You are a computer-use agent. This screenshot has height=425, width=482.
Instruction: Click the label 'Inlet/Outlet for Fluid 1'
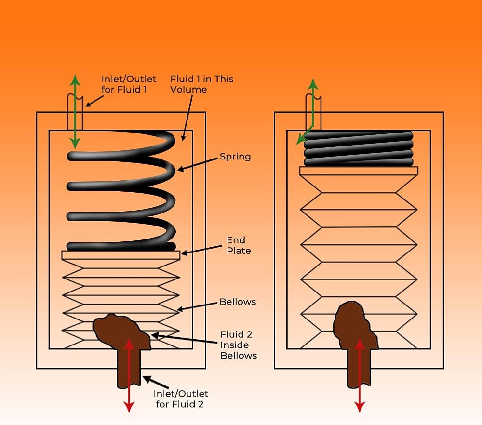129,84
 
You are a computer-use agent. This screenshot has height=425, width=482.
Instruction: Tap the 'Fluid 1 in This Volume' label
202,84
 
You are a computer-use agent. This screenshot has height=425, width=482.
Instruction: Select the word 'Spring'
235,157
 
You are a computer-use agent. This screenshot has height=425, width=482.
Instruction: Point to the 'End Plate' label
239,245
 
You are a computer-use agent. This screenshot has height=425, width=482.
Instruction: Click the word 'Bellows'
238,302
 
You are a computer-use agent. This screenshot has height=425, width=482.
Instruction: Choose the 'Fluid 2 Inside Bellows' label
239,345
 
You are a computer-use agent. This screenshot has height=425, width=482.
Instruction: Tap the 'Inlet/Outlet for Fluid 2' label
180,398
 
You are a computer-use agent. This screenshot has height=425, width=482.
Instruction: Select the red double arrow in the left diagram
129,376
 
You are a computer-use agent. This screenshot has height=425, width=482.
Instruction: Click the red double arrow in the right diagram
359,376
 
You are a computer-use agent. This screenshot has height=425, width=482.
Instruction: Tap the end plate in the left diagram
120,255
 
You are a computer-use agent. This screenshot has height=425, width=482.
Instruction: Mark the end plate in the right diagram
359,171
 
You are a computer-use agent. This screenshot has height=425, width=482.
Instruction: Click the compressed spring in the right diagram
359,148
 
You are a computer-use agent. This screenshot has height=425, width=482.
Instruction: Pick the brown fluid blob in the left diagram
120,330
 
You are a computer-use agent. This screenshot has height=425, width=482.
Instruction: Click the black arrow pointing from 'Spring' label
198,163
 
